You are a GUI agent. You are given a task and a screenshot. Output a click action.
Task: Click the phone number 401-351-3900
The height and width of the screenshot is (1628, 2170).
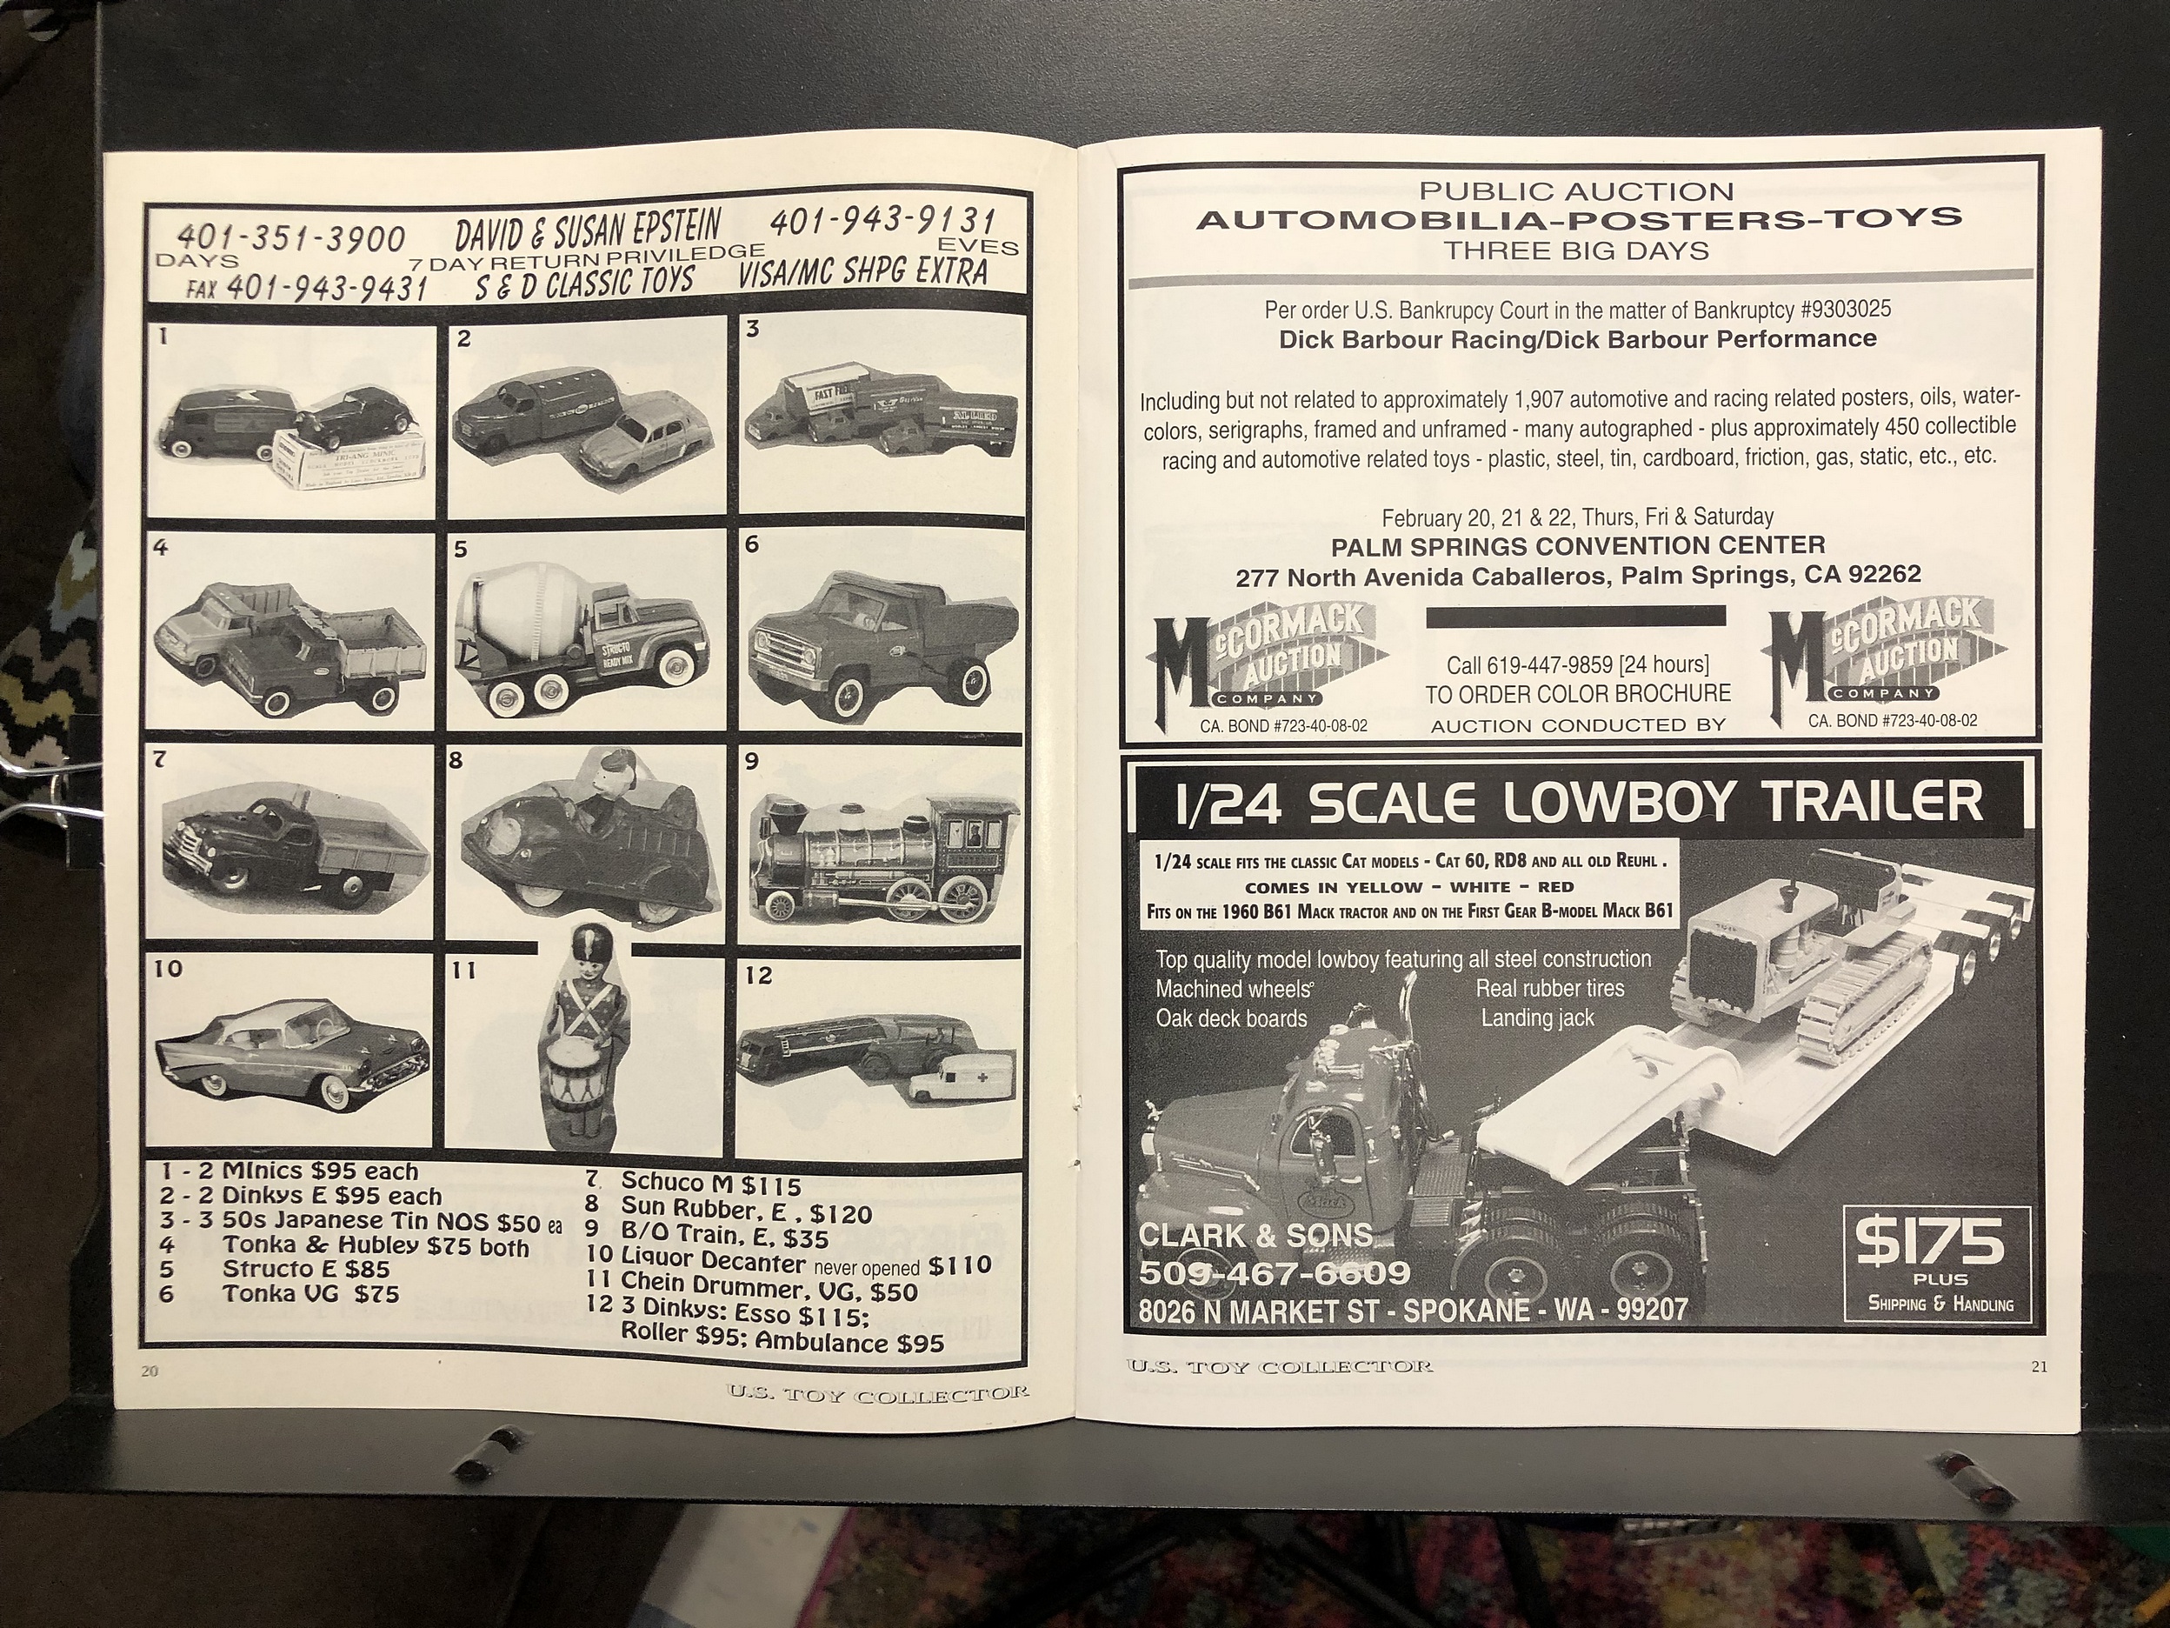coord(290,237)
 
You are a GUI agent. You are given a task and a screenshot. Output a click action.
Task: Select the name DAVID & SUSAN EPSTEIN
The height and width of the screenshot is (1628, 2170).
coord(587,229)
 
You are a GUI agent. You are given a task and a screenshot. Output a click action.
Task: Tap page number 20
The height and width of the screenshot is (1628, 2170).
coord(150,1371)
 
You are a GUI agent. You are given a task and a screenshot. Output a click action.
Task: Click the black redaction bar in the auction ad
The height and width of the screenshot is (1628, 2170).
coord(1575,617)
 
